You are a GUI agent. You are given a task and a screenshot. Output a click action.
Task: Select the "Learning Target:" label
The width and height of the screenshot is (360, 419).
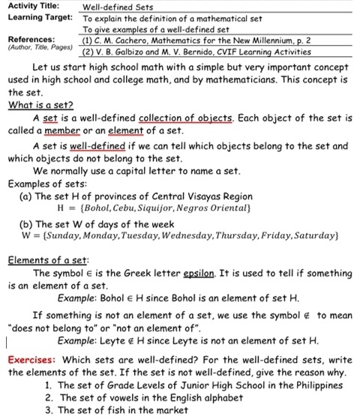(36, 16)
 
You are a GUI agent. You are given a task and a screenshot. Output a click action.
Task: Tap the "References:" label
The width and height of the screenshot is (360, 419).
(31, 39)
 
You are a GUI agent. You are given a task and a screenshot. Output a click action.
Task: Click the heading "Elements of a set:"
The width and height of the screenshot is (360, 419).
(44, 260)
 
